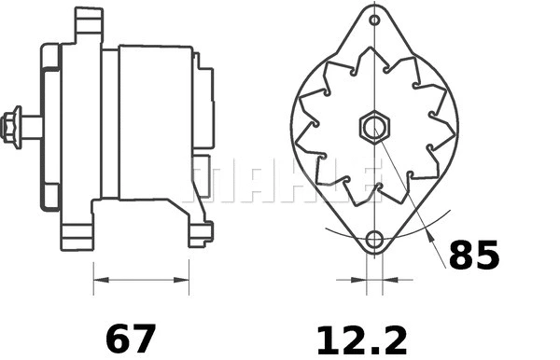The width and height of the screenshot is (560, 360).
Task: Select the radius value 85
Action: coord(474,255)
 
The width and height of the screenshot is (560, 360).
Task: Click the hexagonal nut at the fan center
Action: coord(373,126)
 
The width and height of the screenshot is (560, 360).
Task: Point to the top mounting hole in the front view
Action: coord(374,21)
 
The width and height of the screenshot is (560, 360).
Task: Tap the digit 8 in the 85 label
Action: coord(461,255)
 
